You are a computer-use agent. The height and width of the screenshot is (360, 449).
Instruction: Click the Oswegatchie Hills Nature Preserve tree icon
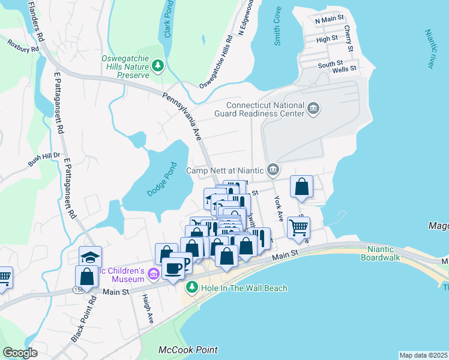pyautogui.click(x=158, y=65)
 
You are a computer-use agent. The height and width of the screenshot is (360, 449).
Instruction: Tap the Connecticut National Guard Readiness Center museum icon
pyautogui.click(x=313, y=109)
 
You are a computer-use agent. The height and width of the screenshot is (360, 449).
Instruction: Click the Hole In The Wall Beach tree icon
pyautogui.click(x=191, y=288)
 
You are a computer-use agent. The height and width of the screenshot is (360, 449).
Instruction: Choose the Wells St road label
pyautogui.click(x=345, y=68)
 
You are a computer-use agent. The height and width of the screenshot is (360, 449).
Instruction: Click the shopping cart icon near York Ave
pyautogui.click(x=298, y=227)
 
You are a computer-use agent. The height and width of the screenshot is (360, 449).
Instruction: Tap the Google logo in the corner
pyautogui.click(x=20, y=353)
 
